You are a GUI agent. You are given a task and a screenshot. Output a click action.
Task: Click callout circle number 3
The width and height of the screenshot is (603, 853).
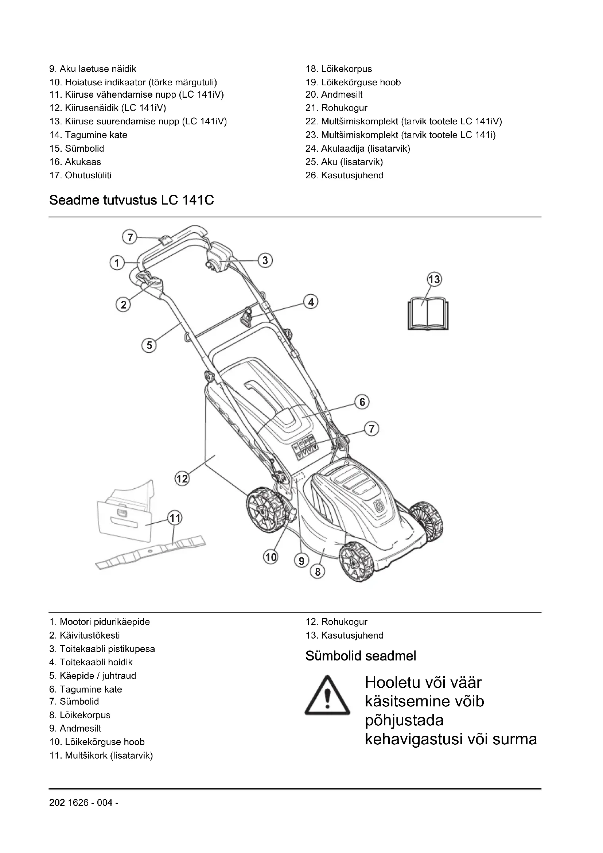point(265,260)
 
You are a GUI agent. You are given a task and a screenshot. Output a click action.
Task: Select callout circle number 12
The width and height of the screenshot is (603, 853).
point(182,478)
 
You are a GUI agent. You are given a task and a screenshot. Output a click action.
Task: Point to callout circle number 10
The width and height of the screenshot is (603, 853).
point(271,557)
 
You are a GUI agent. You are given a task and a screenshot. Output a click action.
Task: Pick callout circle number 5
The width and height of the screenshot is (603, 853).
point(149,345)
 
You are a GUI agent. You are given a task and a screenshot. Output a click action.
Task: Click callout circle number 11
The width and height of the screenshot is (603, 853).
point(175,517)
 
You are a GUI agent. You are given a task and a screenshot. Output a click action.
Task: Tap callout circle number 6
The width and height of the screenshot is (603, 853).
point(362,402)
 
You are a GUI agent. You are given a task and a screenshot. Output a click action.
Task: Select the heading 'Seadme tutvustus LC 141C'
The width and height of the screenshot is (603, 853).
point(132,200)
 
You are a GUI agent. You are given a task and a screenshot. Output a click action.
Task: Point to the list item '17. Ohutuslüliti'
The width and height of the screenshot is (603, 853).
point(81,175)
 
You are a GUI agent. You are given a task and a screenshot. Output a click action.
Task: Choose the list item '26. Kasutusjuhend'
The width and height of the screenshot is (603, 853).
point(344,175)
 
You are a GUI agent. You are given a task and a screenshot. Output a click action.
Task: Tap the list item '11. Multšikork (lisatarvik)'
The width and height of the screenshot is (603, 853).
point(101,755)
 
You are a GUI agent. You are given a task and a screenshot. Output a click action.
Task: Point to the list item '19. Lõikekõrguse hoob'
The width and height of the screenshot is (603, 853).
point(353,82)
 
